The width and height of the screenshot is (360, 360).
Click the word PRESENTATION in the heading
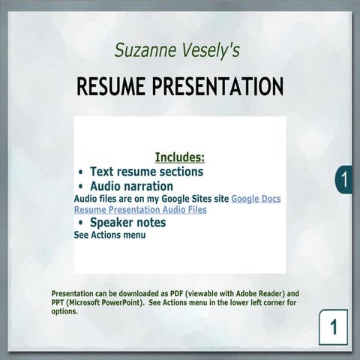217,86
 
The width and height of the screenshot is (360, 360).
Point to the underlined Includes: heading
179,157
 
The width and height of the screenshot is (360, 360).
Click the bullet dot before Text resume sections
81,172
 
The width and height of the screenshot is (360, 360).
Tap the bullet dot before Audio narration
81,186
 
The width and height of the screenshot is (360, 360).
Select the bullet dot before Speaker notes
81,223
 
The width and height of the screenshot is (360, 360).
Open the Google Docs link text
256,199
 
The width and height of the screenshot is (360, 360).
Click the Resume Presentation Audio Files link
140,210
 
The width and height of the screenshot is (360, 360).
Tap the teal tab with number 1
343,180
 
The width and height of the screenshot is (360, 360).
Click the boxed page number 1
333,327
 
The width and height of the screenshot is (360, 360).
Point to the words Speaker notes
127,223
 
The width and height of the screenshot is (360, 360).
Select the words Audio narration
131,186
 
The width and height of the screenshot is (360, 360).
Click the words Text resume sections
146,172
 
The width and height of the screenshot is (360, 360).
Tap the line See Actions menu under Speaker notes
109,235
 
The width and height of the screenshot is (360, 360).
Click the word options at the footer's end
64,311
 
